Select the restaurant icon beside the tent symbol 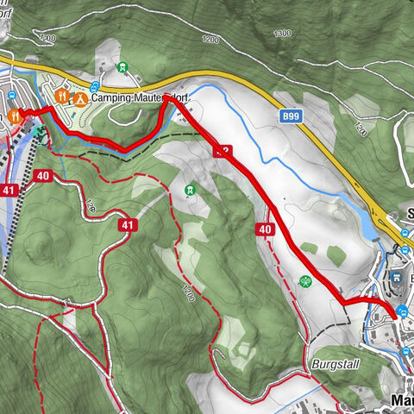click(61, 97)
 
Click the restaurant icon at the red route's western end click(14, 115)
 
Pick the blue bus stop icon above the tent click(93, 85)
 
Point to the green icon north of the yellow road click(122, 67)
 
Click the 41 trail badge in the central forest click(129, 225)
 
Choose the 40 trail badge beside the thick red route click(265, 229)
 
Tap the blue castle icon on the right click(395, 278)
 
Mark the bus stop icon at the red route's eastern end click(404, 312)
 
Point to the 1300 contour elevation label click(282, 34)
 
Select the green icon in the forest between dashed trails click(190, 189)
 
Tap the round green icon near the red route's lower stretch click(304, 280)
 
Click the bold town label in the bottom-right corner click(402, 401)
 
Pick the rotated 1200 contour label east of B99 click(361, 129)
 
